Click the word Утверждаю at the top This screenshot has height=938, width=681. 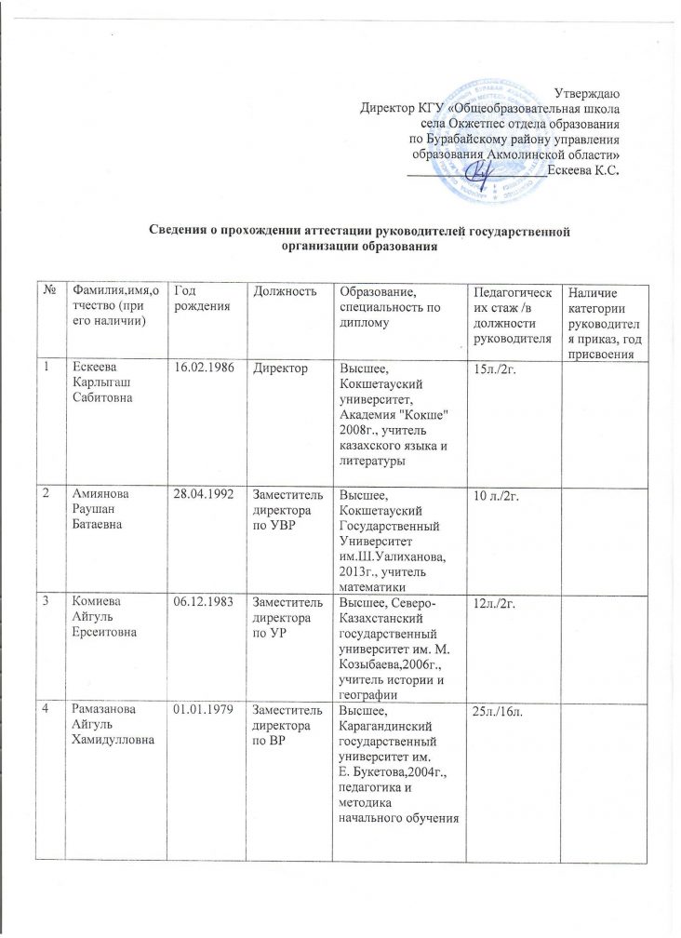click(587, 92)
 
